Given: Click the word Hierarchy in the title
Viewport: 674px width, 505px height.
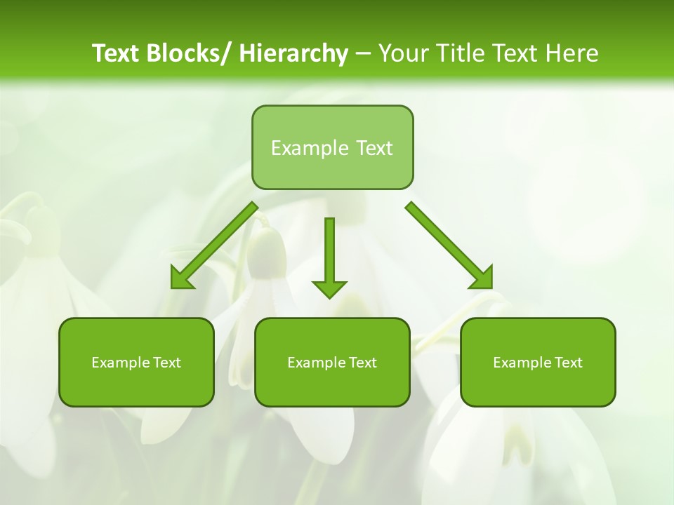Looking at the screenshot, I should pos(293,53).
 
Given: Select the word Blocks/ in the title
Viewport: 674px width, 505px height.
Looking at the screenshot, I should pos(190,53).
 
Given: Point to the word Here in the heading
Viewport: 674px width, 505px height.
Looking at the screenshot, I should pos(573,53).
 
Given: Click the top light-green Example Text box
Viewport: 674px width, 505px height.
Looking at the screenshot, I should pos(332,147).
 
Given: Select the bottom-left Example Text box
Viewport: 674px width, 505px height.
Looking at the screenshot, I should pos(136,363).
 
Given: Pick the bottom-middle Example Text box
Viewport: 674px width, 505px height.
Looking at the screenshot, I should pos(332,363).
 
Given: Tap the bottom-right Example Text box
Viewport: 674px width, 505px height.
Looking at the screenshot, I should pos(538,363).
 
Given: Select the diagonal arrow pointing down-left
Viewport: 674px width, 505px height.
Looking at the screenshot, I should pos(213,246).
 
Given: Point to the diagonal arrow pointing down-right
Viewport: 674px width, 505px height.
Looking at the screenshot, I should pos(449,246).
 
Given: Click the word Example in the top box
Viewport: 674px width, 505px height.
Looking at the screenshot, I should pos(310,148).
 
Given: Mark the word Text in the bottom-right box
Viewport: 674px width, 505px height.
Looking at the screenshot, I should pos(568,363).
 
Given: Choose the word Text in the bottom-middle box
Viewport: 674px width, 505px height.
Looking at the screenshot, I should pos(362,363).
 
